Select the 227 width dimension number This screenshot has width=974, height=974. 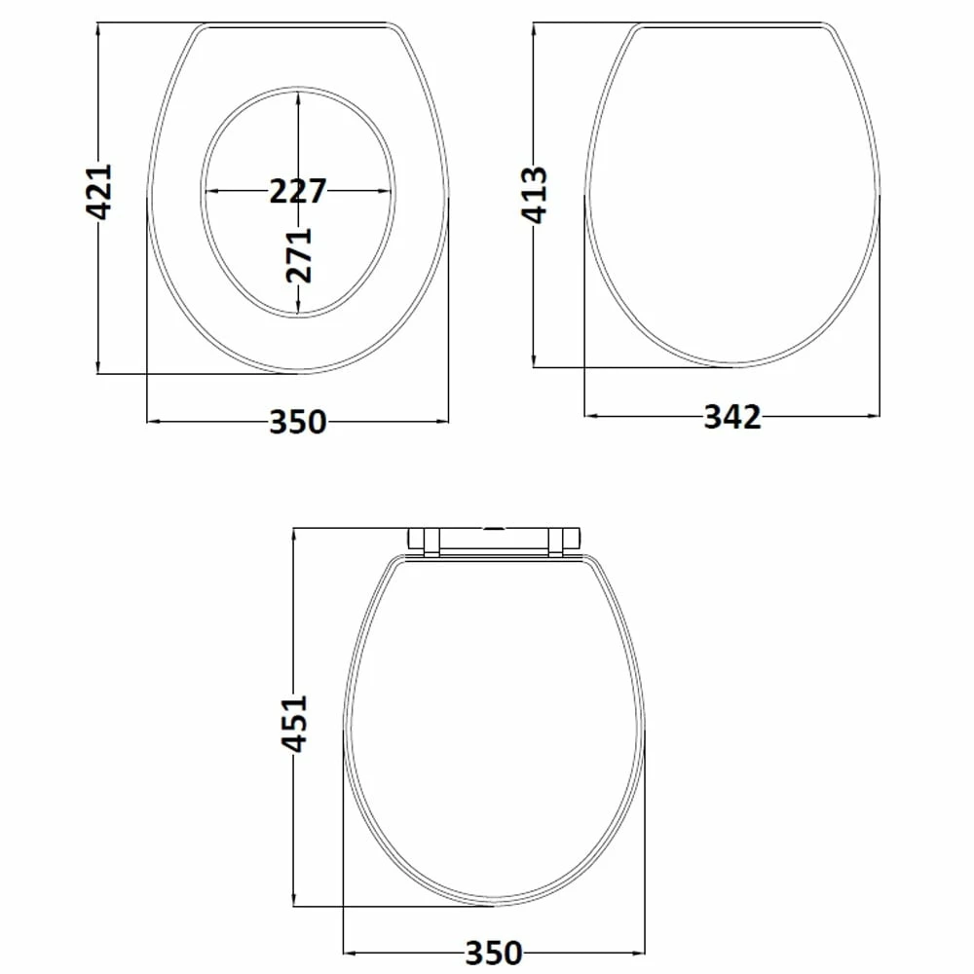[298, 191]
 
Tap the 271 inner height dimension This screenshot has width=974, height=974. [300, 255]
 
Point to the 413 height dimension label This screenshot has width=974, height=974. [536, 195]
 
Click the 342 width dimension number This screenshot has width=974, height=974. [732, 417]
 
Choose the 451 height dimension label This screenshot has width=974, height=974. [294, 723]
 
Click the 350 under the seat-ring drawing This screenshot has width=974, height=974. [298, 422]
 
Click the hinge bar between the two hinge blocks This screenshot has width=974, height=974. [495, 541]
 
